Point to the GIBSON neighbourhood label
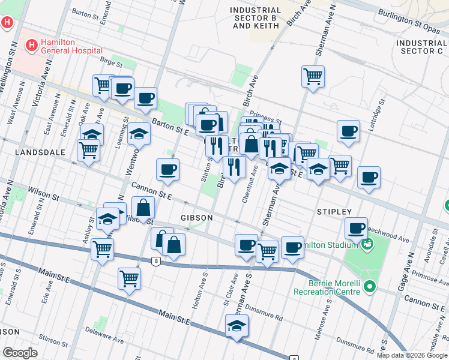click(x=195, y=217)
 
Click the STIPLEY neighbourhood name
click(x=334, y=212)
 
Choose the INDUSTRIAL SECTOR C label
click(x=421, y=47)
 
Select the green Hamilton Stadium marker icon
click(x=366, y=244)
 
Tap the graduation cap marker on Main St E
click(x=237, y=326)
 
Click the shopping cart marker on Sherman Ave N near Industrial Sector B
click(x=313, y=76)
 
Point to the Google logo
click(x=20, y=353)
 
